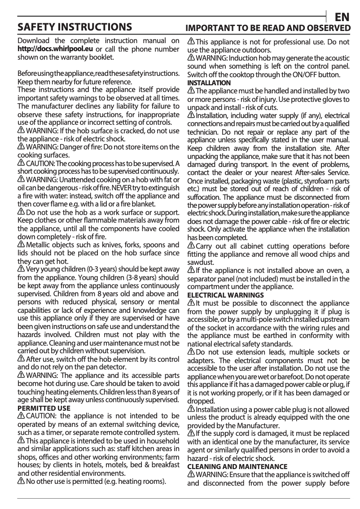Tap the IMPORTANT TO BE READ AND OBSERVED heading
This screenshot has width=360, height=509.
[x=268, y=28]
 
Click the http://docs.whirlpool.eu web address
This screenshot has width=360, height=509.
[x=55, y=49]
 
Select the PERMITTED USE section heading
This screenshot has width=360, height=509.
[x=44, y=408]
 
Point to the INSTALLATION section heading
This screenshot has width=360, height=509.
[x=209, y=83]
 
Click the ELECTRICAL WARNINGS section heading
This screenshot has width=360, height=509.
[x=225, y=295]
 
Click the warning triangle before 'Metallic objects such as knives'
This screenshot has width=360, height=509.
[x=21, y=244]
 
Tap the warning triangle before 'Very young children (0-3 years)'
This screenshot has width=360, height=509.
[x=21, y=269]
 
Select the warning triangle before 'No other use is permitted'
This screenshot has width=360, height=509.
[x=21, y=482]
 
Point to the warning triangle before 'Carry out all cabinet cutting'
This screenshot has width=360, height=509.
[x=191, y=246]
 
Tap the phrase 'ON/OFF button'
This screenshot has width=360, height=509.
[x=314, y=75]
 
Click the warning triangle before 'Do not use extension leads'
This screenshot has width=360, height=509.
[x=191, y=352]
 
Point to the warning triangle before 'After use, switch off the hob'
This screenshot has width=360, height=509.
[x=21, y=359]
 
